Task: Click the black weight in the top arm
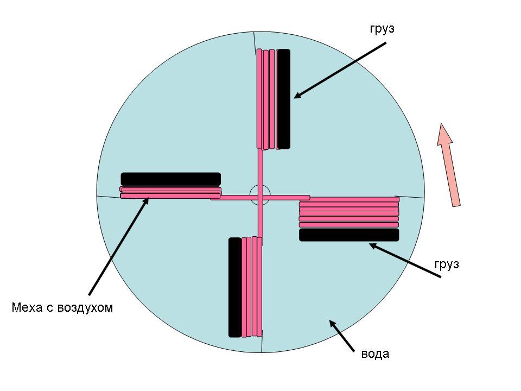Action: pos(284,99)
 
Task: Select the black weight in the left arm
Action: pos(171,179)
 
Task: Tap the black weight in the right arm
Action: pos(349,235)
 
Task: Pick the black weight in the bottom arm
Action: pos(235,287)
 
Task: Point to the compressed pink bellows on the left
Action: pos(170,192)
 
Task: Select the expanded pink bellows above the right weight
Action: pos(349,212)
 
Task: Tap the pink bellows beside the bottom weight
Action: pos(252,287)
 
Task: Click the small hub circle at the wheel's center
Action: pos(260,195)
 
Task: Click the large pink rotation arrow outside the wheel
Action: pos(448,165)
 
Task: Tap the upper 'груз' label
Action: pos(382,29)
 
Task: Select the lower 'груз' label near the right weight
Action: pos(447,264)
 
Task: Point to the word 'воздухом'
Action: pos(85,307)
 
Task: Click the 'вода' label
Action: pos(375,354)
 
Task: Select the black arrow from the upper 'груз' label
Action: pos(340,70)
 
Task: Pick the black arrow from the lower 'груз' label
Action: pos(405,260)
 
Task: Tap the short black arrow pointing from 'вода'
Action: pos(341,336)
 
